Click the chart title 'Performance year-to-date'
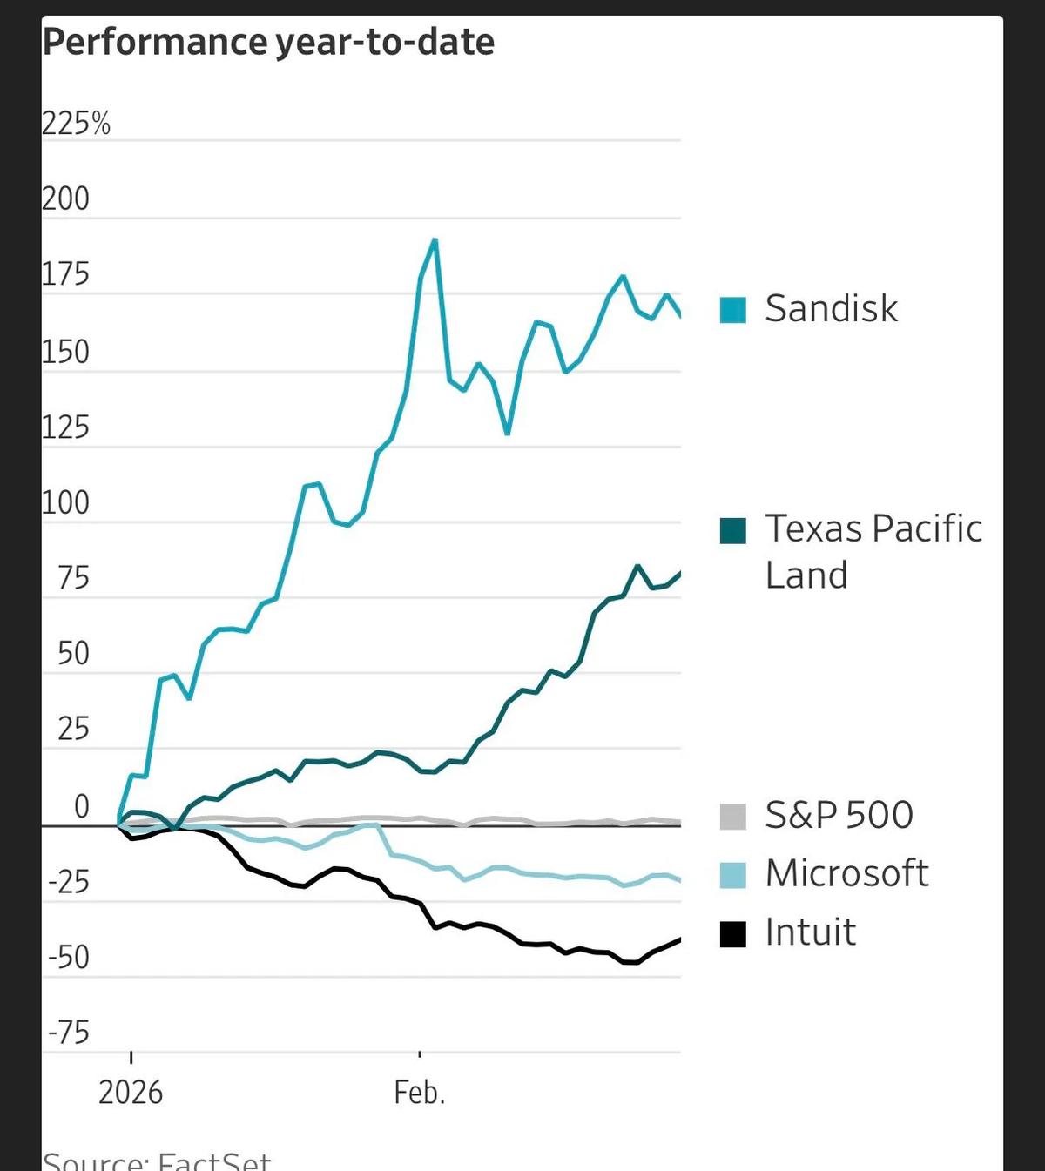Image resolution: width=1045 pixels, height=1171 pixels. click(268, 42)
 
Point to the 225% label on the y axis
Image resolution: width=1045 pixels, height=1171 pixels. click(77, 125)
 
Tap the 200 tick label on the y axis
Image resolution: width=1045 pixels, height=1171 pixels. click(66, 199)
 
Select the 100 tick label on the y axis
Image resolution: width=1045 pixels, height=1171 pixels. click(66, 503)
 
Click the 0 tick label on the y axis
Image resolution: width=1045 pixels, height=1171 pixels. click(81, 807)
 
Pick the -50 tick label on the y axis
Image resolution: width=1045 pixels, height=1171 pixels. click(69, 958)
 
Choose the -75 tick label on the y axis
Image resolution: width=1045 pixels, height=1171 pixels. click(69, 1033)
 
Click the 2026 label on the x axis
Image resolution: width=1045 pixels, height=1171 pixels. click(131, 1092)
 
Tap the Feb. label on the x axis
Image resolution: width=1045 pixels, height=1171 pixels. click(420, 1092)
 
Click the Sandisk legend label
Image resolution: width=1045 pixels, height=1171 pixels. click(831, 309)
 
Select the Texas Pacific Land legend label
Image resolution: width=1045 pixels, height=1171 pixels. click(873, 551)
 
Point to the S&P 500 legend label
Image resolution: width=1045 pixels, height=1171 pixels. click(839, 816)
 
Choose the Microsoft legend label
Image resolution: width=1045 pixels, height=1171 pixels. click(846, 873)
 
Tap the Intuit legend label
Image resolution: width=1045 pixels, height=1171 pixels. click(810, 932)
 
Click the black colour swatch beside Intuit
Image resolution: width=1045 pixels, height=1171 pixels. click(733, 934)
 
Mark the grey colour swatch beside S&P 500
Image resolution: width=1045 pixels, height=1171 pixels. click(733, 817)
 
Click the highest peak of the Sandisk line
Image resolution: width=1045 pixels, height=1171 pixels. click(435, 240)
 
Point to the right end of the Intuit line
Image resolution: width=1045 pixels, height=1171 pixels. click(679, 939)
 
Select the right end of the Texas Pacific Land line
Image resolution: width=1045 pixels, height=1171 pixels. click(679, 573)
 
